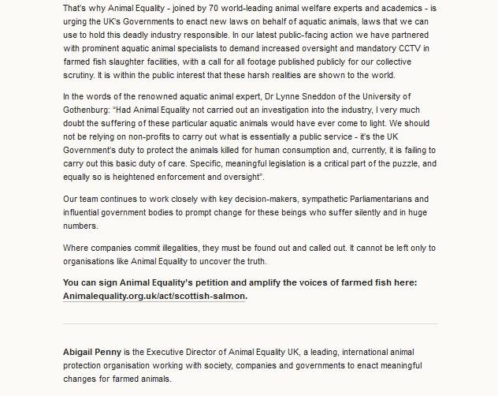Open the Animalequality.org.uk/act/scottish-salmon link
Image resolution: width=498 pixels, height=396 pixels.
pyautogui.click(x=154, y=296)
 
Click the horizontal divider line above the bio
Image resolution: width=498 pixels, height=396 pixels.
pyautogui.click(x=250, y=323)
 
